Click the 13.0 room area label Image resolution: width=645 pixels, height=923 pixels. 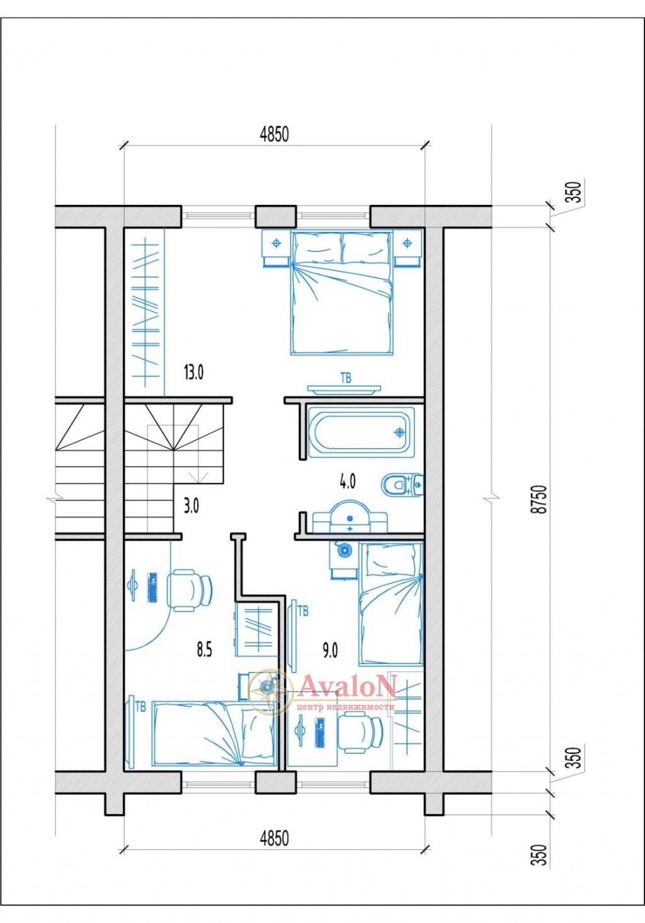[x=193, y=373]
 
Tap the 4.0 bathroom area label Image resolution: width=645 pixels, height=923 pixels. [x=348, y=481]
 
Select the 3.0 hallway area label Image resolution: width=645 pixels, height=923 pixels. [x=191, y=506]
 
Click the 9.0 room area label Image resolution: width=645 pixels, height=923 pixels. [x=330, y=651]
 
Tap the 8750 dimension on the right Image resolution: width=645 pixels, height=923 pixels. [x=540, y=499]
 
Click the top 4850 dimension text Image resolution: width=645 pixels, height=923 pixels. [x=274, y=134]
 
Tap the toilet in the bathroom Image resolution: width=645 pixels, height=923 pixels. [x=402, y=485]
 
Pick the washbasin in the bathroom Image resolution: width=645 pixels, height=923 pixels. [x=350, y=516]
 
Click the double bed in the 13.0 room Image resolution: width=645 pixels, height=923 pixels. [x=341, y=292]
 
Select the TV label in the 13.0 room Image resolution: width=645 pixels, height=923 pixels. [x=346, y=378]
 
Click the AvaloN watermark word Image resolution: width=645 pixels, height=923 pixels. [x=348, y=686]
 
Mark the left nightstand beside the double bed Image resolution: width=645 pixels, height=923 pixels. [x=276, y=248]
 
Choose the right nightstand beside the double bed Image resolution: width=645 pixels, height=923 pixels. [x=408, y=248]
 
